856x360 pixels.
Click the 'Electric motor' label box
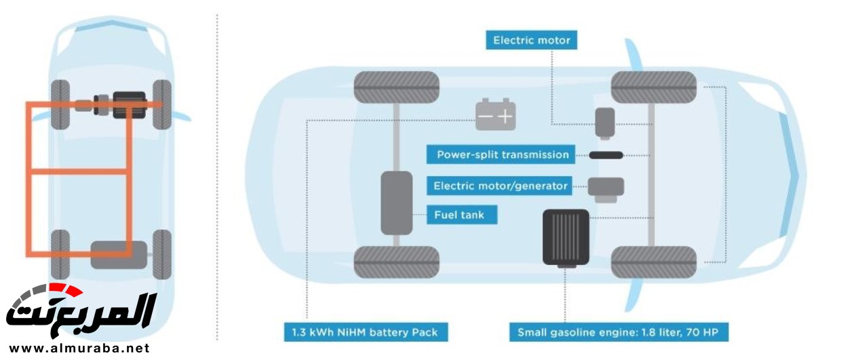tap(531, 40)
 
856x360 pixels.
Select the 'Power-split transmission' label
tap(502, 155)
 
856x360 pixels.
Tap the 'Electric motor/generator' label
tap(501, 186)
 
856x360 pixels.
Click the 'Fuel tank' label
tap(461, 216)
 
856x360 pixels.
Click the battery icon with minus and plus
tap(495, 115)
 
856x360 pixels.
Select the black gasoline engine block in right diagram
tap(566, 237)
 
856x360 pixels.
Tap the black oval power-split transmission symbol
tap(606, 155)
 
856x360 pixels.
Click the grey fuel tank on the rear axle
tap(397, 203)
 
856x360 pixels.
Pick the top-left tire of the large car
tap(397, 87)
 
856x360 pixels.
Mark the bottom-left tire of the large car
tap(397, 262)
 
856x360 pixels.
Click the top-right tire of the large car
tap(654, 87)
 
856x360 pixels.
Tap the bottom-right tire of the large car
tap(654, 262)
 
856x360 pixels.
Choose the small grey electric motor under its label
tap(604, 123)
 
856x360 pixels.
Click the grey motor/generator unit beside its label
tap(605, 188)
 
